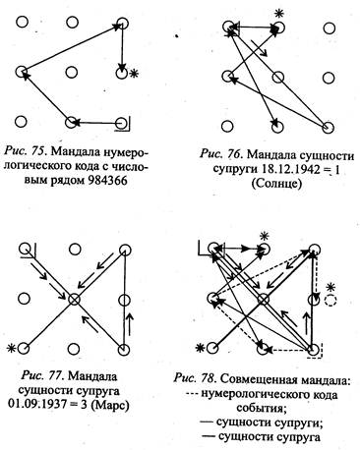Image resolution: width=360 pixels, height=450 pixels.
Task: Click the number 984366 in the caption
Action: pos(107,180)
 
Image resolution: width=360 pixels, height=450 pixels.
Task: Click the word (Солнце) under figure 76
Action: pos(276,184)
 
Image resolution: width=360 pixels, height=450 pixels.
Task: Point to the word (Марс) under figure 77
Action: pos(110,406)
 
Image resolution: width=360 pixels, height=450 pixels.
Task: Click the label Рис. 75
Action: pos(26,151)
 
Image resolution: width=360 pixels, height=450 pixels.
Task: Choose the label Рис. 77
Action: pos(41,376)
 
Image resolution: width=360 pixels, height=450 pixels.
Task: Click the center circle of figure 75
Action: pos(71,72)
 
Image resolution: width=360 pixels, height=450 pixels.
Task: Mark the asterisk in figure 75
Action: pos(133,74)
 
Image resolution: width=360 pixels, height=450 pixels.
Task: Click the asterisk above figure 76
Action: pos(279,14)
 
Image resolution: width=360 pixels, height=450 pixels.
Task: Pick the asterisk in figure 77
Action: pos(13,348)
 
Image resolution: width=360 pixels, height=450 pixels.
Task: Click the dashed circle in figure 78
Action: pos(330,301)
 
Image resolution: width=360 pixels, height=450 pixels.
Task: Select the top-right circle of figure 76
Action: pos(329,28)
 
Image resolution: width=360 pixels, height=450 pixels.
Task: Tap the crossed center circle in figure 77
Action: pos(74,299)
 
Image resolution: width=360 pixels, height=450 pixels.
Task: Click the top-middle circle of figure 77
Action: pos(74,250)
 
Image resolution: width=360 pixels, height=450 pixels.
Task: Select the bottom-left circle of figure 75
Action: pos(21,122)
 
